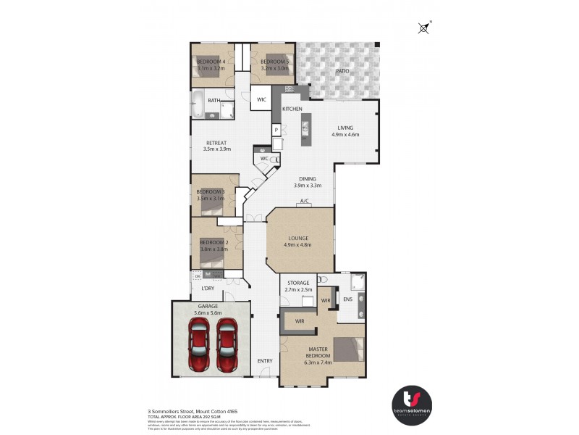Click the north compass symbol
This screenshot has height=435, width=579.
(423, 28)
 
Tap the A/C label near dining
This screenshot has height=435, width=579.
(305, 201)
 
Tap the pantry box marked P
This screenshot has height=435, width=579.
(276, 130)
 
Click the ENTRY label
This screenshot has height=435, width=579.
(266, 360)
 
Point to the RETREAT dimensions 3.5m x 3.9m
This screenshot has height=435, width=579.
(217, 149)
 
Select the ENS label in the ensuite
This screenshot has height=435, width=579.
(347, 299)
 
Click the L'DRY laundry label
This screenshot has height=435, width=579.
(208, 289)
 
